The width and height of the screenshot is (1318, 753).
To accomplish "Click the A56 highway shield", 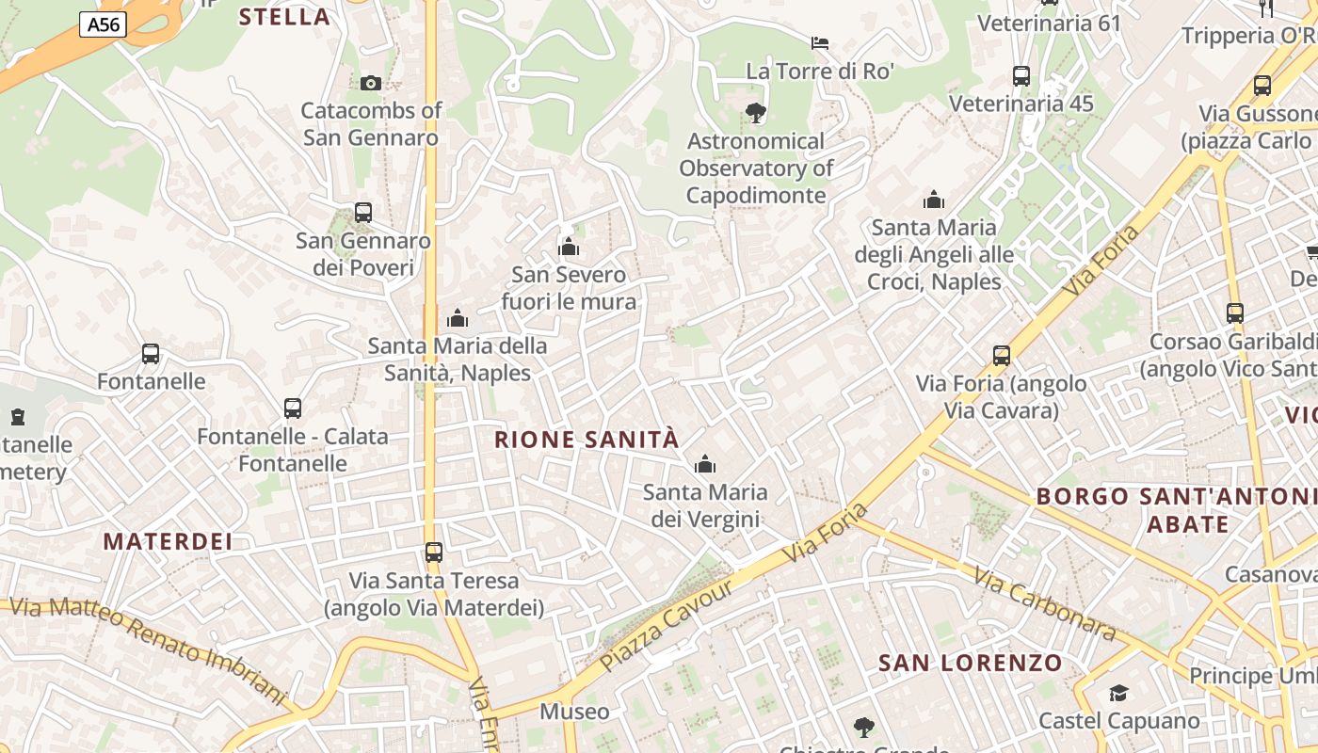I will [103, 24].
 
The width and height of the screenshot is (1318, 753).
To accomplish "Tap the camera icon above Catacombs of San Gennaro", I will [370, 83].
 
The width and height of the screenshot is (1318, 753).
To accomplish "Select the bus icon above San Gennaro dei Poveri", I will [363, 213].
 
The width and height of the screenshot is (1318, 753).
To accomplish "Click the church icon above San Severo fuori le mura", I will [569, 247].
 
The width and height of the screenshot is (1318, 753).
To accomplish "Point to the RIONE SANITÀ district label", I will [587, 440].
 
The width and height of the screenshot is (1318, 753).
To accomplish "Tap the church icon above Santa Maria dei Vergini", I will [704, 464].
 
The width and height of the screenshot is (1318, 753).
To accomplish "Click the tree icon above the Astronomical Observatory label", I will [755, 114].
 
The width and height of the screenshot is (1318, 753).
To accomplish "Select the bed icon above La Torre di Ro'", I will [820, 43].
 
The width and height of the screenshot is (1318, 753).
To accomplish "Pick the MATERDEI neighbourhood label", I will [168, 541].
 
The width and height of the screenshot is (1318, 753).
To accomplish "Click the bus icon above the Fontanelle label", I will [151, 354].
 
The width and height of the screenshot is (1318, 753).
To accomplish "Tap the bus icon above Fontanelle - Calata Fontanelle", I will [293, 409].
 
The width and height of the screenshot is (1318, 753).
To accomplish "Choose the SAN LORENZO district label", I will [971, 663].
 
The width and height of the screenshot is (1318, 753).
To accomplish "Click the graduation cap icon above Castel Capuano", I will [1118, 694].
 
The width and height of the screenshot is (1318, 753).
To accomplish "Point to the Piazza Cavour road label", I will [666, 625].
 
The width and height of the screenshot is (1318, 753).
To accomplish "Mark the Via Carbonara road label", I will [1045, 603].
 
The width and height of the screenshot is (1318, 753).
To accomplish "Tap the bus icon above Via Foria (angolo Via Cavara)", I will [1002, 356].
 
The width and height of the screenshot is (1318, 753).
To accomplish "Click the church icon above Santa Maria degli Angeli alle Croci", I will [934, 200].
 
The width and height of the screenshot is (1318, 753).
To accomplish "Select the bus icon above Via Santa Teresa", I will [433, 553].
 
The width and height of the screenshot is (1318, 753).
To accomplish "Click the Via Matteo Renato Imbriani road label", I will [147, 649].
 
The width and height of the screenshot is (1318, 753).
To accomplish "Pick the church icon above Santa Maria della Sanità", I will [458, 318].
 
